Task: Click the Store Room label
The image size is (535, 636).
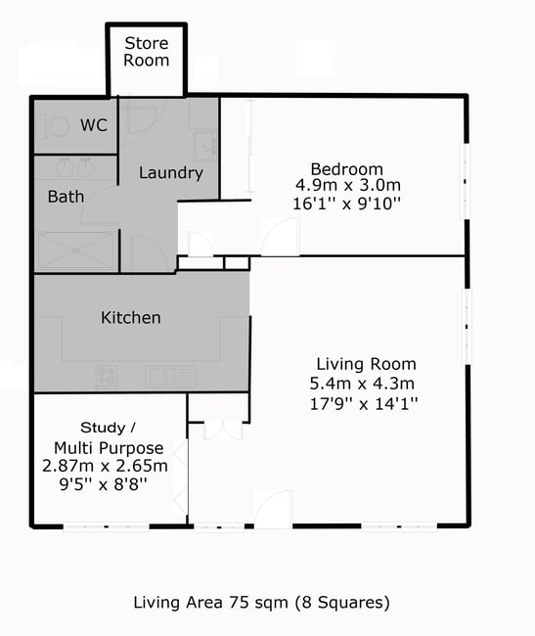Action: point(147,52)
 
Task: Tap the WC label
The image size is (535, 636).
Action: point(94,125)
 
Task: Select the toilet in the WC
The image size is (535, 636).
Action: point(54,127)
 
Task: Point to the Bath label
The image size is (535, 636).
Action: point(66,197)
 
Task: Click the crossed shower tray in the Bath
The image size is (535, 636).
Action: point(76,250)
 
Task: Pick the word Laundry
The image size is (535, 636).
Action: point(170,173)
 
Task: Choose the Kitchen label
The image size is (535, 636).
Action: point(130,318)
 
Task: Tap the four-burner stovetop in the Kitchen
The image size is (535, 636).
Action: point(107,377)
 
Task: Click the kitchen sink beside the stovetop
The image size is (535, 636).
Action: point(170,377)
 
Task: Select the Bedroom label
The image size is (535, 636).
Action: point(346,168)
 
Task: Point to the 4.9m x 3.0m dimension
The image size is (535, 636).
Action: point(348,185)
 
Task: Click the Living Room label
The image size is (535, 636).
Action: point(366,364)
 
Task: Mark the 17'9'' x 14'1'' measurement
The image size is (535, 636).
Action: point(364,403)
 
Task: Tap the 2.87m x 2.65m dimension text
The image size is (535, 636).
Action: point(105,466)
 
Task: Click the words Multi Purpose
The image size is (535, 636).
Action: point(109,448)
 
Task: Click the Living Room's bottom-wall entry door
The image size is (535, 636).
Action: point(273,509)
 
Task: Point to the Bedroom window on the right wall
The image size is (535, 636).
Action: point(467,181)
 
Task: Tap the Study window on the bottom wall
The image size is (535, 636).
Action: point(107,526)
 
